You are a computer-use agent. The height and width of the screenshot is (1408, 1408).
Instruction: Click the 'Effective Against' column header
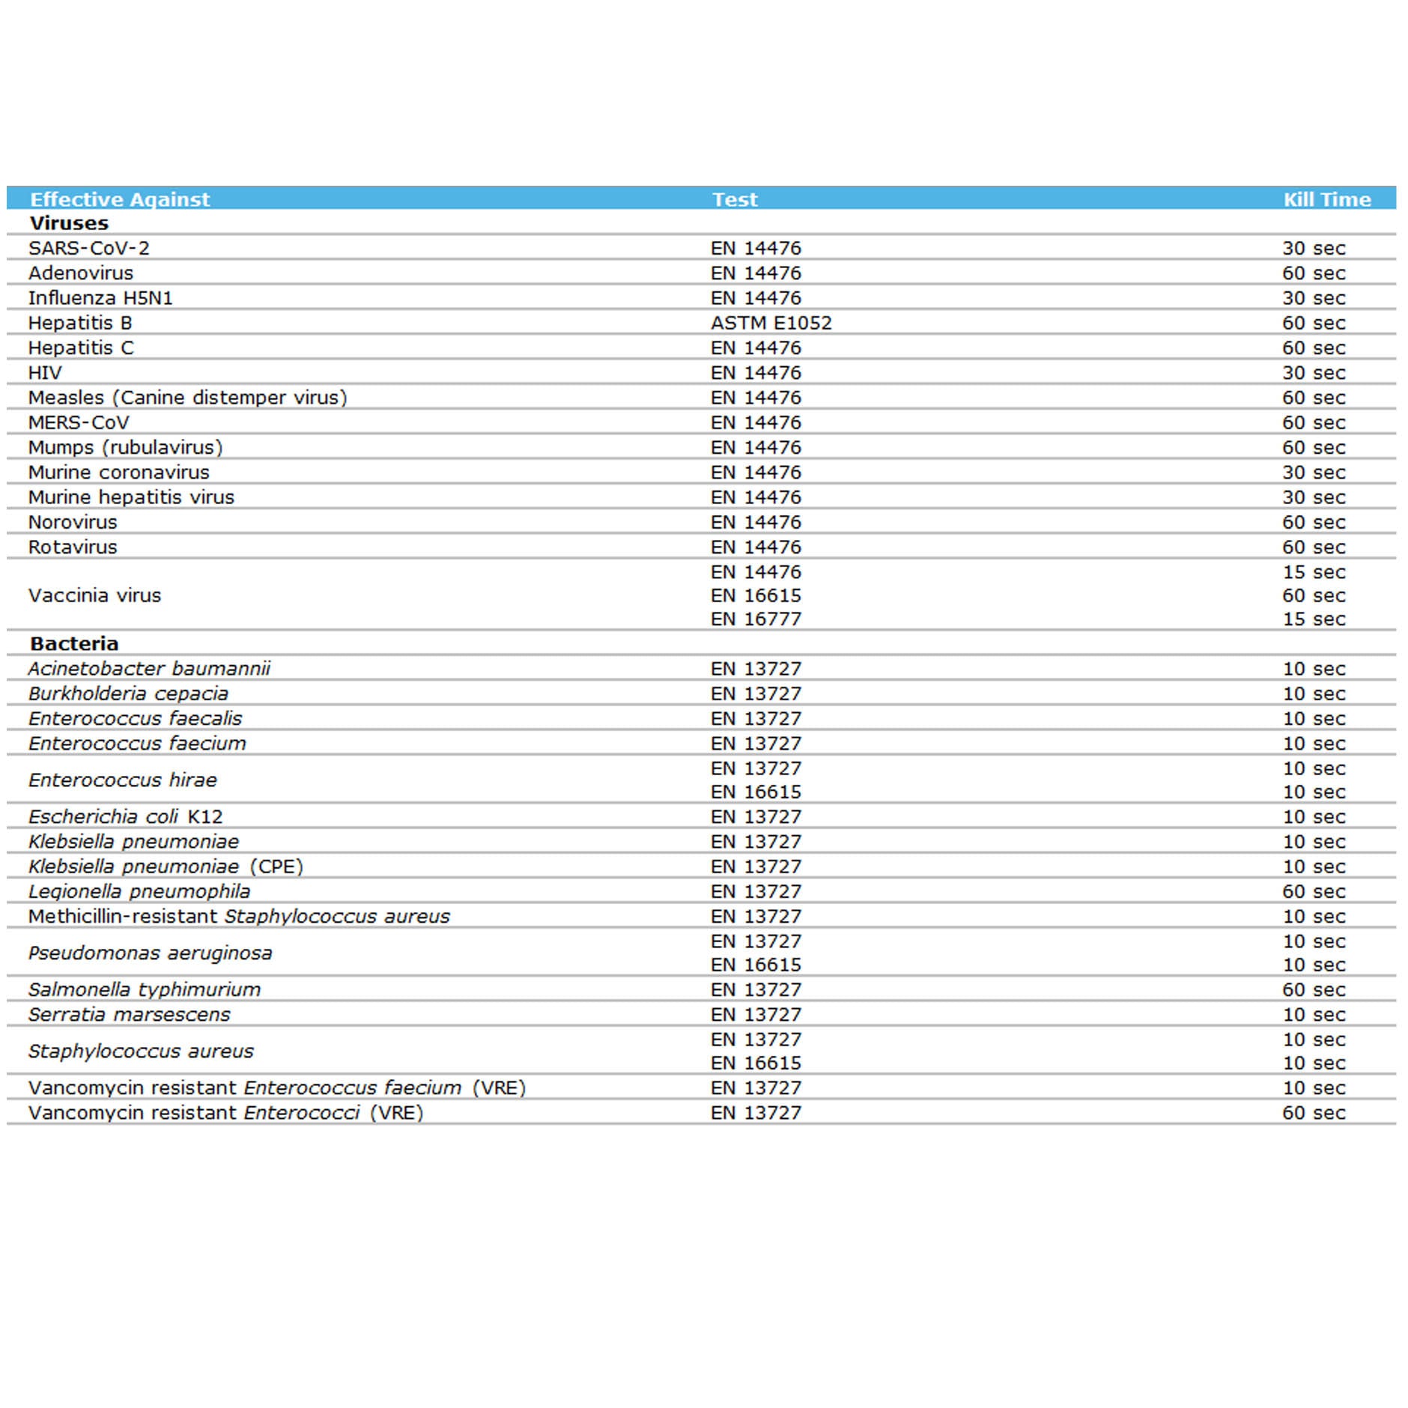120,199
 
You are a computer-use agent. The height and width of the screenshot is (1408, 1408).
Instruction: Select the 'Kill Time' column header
1326,199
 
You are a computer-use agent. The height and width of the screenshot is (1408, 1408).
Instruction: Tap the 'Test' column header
734,199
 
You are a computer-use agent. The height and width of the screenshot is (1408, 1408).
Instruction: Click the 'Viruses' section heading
69,223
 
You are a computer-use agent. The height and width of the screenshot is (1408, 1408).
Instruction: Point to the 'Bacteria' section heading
74,643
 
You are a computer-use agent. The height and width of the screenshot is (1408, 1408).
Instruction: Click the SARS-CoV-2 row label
88,248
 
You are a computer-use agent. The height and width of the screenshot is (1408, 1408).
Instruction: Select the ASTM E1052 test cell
771,323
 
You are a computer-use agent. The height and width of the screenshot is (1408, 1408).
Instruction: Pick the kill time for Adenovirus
1313,273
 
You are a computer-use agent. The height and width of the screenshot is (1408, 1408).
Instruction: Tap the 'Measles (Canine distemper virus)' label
187,398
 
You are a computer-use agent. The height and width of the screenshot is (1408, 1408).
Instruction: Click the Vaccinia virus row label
94,595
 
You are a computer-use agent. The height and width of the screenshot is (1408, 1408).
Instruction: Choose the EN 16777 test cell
755,619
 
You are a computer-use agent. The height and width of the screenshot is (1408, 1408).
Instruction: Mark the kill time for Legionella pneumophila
1313,891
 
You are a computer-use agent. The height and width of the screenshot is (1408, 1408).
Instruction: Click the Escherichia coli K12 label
125,816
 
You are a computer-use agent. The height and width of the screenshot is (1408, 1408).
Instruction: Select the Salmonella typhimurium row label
145,989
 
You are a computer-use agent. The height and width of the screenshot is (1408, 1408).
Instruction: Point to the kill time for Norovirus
1313,522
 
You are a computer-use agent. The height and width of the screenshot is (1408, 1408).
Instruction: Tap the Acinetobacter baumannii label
149,668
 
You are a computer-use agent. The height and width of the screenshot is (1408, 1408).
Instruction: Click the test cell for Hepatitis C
755,348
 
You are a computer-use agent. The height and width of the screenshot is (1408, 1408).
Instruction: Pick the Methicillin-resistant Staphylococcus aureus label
239,916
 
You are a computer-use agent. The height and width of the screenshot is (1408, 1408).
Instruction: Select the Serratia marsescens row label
129,1014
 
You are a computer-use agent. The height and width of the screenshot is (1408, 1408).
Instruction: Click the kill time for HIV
1313,372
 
